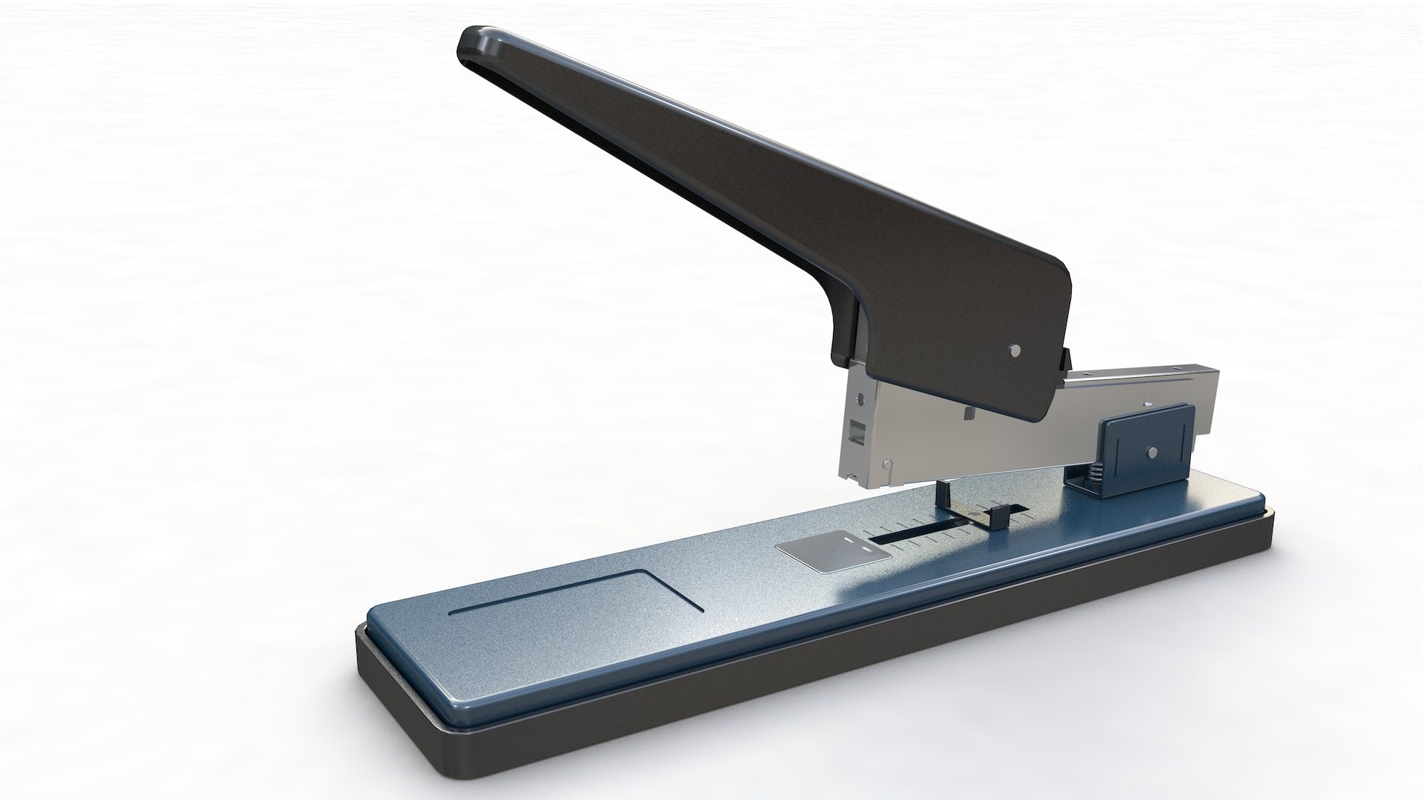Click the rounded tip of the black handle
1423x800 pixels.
point(474,46)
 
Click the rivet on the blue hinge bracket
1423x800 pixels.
point(1151,451)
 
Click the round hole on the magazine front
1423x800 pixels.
point(859,399)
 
